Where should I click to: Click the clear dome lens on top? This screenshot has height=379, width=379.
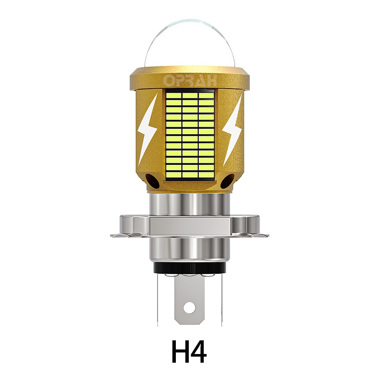click(x=189, y=44)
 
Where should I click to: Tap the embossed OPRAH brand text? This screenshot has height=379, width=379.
click(x=190, y=81)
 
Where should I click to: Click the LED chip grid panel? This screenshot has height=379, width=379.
click(x=190, y=135)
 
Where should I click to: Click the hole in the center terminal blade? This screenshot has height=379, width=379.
click(x=189, y=307)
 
